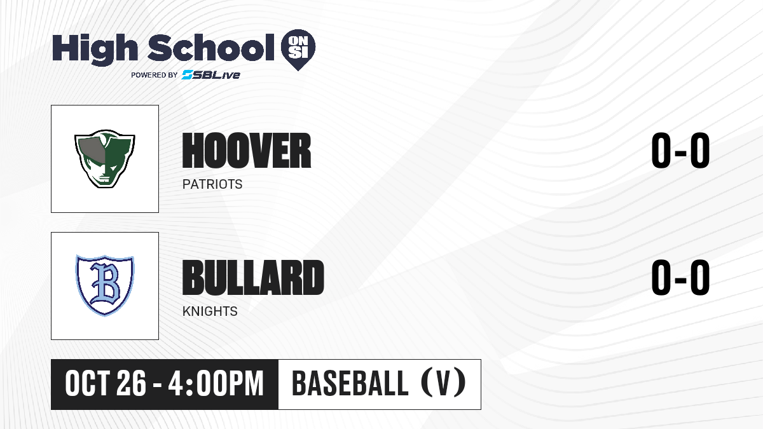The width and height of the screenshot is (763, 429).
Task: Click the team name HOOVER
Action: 247,150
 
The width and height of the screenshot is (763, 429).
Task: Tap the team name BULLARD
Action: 253,277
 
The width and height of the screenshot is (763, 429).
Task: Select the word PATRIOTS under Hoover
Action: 212,184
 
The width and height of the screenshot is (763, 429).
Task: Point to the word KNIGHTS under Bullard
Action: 210,311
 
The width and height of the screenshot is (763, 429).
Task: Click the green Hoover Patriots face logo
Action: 105,159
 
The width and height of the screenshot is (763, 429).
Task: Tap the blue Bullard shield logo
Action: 105,285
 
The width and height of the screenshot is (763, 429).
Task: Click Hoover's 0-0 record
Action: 680,150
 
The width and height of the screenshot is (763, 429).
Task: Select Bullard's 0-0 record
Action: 680,277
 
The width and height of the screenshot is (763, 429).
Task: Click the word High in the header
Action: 95,50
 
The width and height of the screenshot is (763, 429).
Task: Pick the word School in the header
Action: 211,48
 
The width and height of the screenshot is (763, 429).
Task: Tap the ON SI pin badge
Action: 298,50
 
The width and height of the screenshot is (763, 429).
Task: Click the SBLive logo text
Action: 211,75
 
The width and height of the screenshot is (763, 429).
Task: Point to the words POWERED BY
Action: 155,75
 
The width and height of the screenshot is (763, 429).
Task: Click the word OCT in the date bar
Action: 88,384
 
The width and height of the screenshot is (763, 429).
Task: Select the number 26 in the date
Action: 132,384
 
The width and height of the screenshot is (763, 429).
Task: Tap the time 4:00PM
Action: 216,384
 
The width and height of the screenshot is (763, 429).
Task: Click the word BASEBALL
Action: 350,384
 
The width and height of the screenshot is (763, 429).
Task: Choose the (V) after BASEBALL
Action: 444,383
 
